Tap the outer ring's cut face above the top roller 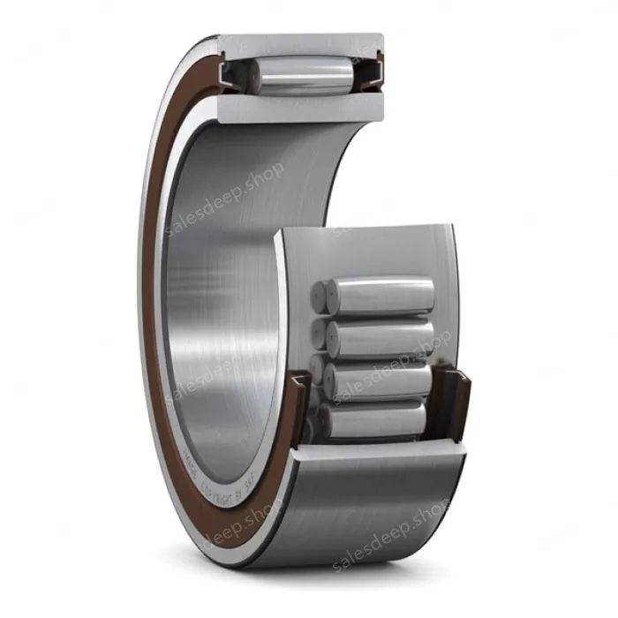click(x=300, y=43)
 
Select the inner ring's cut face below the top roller click(x=300, y=108)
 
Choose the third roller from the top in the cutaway click(x=384, y=380)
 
